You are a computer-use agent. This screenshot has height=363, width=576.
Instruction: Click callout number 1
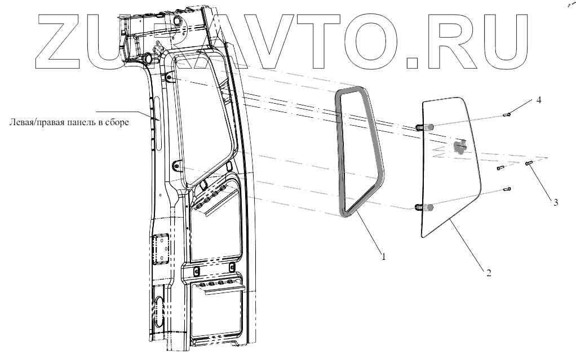[384, 257]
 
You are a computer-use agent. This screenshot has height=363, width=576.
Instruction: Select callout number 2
[489, 274]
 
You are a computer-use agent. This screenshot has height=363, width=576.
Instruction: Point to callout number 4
[539, 100]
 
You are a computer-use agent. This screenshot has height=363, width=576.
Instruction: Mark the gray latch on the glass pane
[460, 147]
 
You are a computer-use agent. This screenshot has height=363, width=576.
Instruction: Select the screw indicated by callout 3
[529, 163]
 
